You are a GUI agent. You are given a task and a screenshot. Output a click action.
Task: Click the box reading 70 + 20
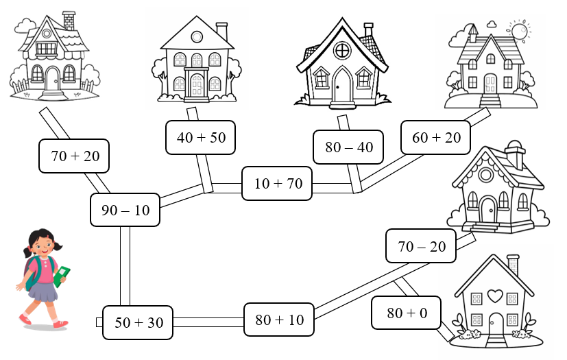click(75, 156)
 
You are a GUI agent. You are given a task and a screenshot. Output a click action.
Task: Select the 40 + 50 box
click(200, 137)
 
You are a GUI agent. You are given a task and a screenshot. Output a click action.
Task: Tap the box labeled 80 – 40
click(348, 147)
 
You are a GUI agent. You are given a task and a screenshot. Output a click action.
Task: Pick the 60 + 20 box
click(436, 137)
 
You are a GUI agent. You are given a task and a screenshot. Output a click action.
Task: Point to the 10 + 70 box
click(277, 183)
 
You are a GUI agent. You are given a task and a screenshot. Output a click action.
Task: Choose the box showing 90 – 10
click(125, 210)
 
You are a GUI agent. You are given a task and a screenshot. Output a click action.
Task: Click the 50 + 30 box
click(138, 322)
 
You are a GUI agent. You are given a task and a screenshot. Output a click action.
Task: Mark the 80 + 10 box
click(279, 320)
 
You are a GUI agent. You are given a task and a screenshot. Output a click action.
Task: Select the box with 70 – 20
click(421, 246)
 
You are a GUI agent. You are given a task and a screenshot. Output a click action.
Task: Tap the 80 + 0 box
click(407, 313)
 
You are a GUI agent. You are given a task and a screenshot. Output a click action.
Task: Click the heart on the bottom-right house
click(494, 296)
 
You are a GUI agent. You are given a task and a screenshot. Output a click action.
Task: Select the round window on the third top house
click(341, 50)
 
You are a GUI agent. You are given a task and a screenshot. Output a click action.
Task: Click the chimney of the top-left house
click(69, 20)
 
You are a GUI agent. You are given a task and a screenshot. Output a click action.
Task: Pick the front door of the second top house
click(197, 85)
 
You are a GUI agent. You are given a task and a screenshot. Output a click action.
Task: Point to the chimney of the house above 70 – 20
click(515, 155)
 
